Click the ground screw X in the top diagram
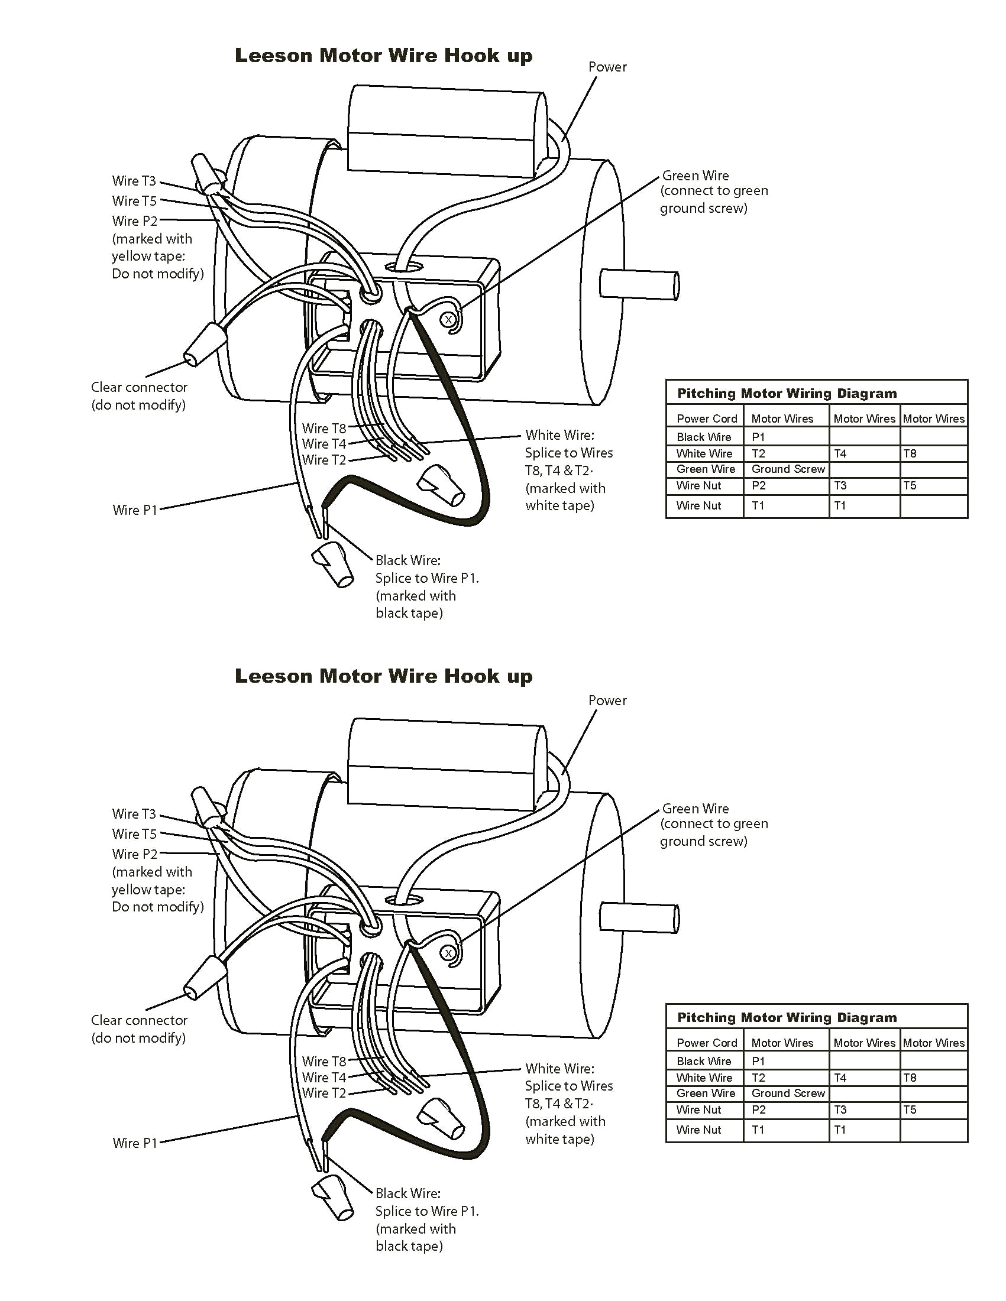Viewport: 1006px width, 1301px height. click(448, 320)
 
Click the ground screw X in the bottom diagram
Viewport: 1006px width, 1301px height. click(448, 953)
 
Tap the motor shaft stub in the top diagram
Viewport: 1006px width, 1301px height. click(639, 284)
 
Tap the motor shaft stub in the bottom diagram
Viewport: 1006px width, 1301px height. click(639, 917)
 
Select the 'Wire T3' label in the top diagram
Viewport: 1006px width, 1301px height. click(134, 180)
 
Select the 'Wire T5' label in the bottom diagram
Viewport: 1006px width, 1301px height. click(134, 834)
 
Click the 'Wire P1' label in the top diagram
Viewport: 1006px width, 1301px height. click(135, 510)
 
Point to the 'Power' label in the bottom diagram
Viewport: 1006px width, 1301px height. click(607, 700)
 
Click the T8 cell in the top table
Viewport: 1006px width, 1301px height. click(910, 453)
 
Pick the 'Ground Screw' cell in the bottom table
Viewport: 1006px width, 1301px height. click(788, 1093)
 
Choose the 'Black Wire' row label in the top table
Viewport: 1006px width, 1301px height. click(703, 437)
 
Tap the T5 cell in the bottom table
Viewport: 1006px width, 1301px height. click(910, 1110)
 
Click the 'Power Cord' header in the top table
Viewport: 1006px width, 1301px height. click(706, 418)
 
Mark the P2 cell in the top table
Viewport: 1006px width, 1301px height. click(758, 485)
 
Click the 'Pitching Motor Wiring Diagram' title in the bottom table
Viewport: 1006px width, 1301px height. click(787, 1017)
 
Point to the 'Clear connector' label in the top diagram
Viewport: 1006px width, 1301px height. click(139, 387)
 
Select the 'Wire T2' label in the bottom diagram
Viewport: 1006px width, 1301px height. click(324, 1093)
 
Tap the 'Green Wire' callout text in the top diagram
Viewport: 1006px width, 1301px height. click(696, 176)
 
